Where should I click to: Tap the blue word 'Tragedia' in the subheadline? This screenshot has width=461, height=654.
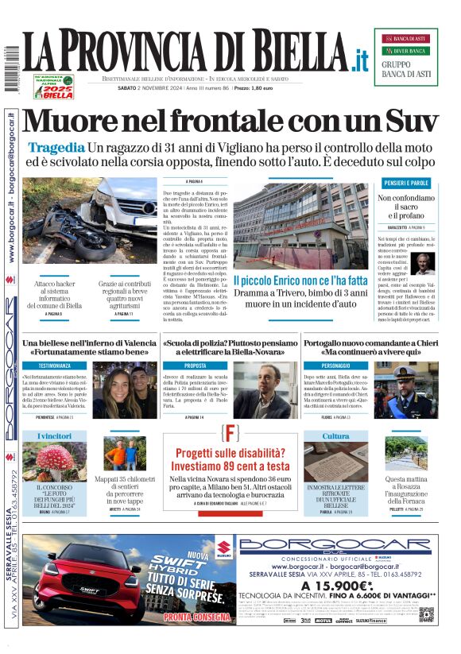(x=56, y=148)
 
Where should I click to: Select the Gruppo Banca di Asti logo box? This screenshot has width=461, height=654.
(x=405, y=56)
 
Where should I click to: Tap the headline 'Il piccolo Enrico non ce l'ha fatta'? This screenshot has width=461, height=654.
(x=300, y=281)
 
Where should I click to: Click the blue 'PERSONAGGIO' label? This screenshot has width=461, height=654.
(x=331, y=366)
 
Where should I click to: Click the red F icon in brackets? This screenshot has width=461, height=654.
(x=230, y=434)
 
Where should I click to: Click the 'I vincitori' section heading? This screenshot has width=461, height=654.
(x=54, y=436)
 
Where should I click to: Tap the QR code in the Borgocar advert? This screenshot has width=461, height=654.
(x=427, y=614)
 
